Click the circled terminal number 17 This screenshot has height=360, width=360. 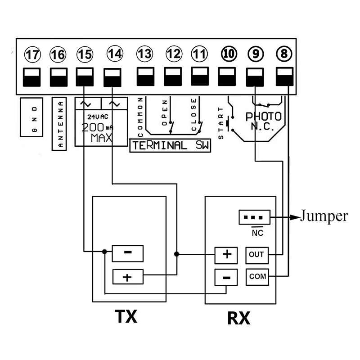(32, 55)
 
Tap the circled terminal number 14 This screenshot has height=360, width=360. (114, 54)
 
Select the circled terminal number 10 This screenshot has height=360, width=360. (228, 54)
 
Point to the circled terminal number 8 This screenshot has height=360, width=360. (283, 54)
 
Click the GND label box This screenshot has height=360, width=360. (31, 117)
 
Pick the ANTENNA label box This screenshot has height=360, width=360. (60, 124)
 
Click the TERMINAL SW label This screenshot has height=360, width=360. (170, 145)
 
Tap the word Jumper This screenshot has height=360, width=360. (324, 216)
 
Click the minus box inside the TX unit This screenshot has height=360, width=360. (127, 253)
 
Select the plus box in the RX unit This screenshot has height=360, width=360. (227, 255)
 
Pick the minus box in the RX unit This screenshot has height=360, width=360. (227, 278)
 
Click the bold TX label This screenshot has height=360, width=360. (126, 317)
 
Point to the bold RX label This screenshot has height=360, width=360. (238, 319)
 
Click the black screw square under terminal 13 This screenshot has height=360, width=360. (144, 77)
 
